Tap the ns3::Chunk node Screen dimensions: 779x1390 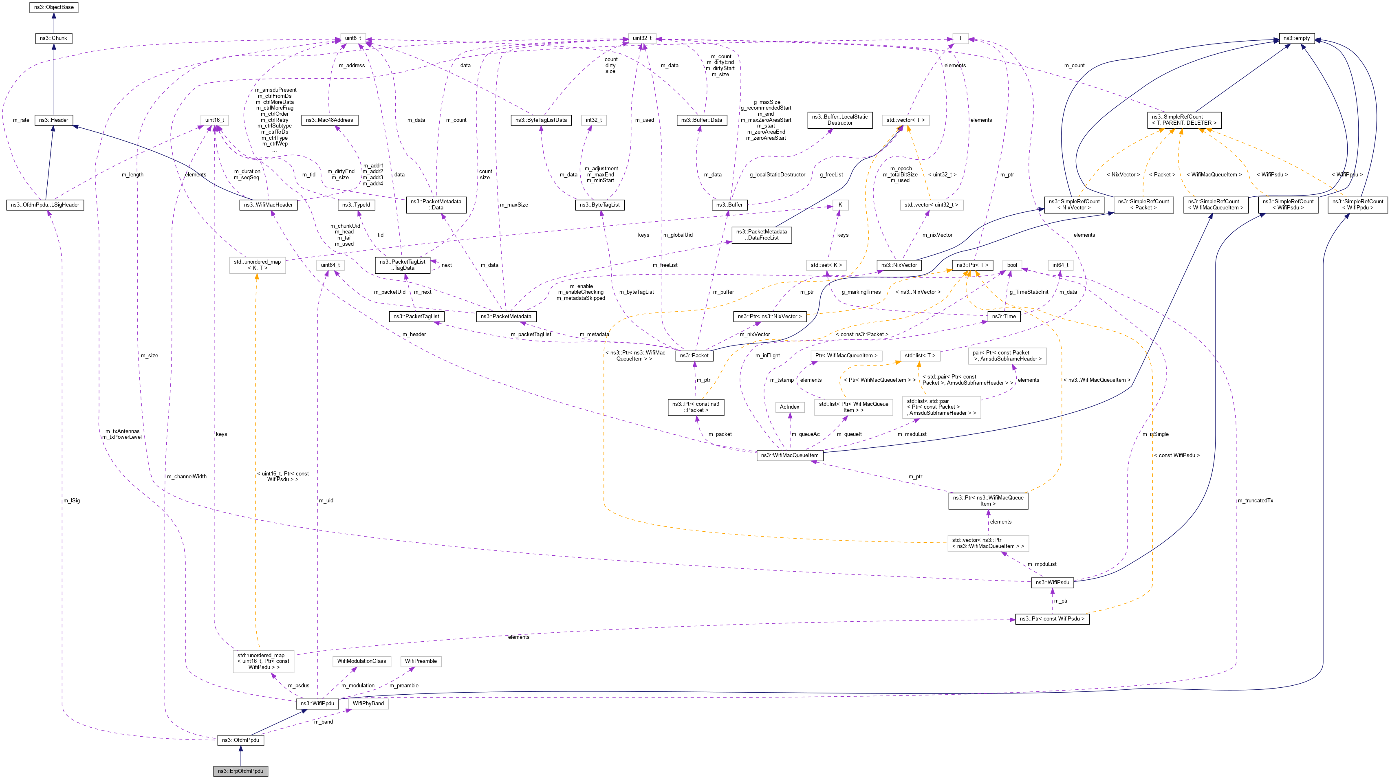(53, 38)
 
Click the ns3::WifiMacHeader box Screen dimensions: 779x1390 (268, 205)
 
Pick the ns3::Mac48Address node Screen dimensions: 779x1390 (329, 120)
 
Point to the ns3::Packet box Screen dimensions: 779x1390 (694, 356)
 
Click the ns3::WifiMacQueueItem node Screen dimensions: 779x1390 (789, 456)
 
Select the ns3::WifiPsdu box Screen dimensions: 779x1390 (1052, 583)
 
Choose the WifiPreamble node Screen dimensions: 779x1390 (421, 661)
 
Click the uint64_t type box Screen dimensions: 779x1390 (330, 265)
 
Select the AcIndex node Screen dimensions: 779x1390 (789, 407)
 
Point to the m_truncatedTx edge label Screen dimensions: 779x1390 (1255, 501)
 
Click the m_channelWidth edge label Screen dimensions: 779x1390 (187, 477)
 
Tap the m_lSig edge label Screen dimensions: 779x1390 (72, 501)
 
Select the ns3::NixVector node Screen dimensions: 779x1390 (899, 265)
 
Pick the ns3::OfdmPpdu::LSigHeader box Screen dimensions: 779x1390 (45, 205)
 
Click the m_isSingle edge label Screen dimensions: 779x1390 (1155, 434)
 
